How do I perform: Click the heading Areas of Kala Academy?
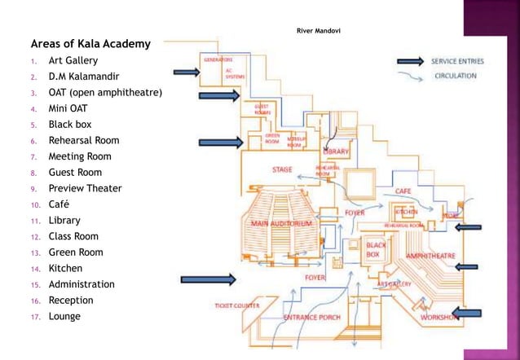pos(90,43)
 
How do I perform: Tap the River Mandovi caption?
pos(319,31)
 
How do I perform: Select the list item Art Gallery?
pos(73,60)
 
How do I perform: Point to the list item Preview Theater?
pos(85,188)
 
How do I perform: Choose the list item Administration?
pos(82,284)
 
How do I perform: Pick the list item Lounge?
pos(64,316)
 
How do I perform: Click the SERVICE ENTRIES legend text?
pos(459,61)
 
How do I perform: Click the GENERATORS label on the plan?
pos(218,59)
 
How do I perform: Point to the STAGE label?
pos(282,169)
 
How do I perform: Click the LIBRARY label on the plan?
pos(337,151)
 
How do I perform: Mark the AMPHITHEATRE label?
pos(430,255)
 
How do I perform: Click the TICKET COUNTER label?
pos(237,305)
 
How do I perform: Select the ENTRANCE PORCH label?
pos(311,317)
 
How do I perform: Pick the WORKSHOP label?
pos(438,318)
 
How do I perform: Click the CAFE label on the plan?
pos(403,191)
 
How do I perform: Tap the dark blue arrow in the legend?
pos(413,61)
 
